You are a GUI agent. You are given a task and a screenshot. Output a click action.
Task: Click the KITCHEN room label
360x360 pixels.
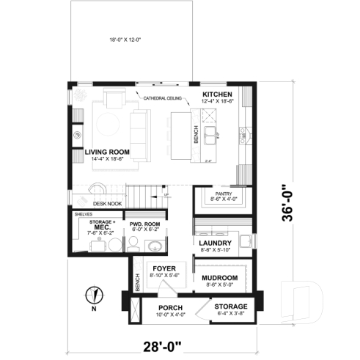(x=217, y=95)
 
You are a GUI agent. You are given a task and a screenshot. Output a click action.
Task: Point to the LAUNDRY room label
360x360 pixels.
(x=216, y=243)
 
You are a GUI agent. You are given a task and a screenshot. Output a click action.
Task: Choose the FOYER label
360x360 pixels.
(x=164, y=268)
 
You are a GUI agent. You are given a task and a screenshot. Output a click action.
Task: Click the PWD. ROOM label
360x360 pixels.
(x=143, y=224)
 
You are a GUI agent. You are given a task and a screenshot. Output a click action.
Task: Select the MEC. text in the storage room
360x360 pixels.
(x=101, y=227)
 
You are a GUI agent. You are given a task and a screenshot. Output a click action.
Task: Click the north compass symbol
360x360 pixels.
(x=93, y=296)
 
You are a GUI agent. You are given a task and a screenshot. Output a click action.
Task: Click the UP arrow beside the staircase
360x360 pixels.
(x=166, y=195)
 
